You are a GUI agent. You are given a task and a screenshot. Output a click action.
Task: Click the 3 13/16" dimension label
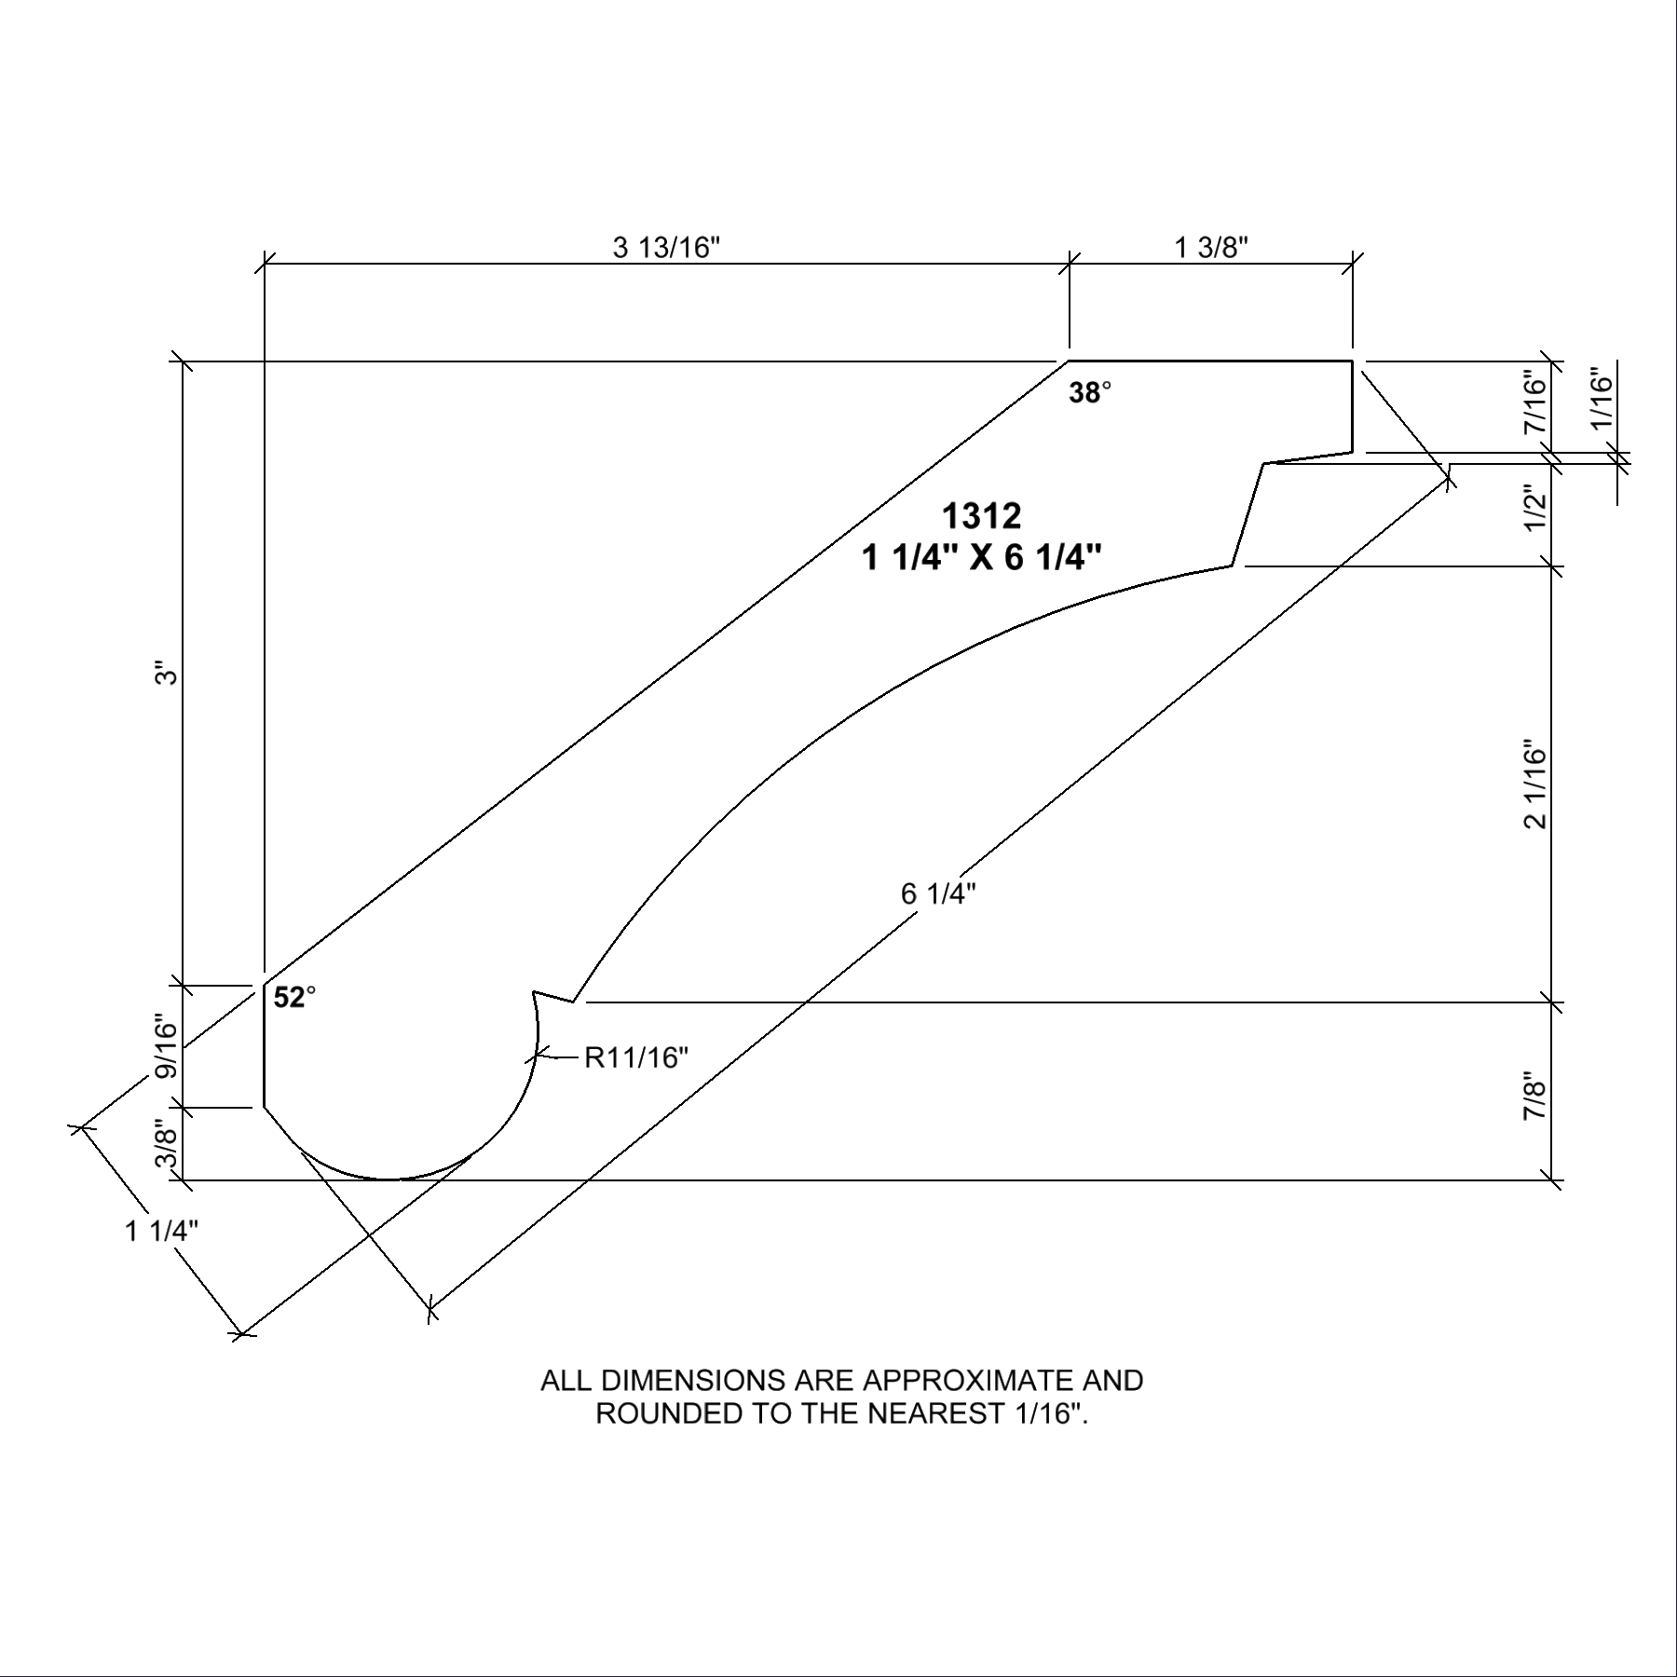click(x=667, y=248)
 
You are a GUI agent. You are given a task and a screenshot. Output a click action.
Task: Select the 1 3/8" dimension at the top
click(x=1211, y=248)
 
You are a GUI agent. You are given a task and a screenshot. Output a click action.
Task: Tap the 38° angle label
click(x=1090, y=393)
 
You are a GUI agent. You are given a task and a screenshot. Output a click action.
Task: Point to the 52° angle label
click(x=294, y=998)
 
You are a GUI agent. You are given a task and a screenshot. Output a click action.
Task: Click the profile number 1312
click(x=981, y=515)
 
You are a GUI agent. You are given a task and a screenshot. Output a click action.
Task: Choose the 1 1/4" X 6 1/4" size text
click(x=982, y=558)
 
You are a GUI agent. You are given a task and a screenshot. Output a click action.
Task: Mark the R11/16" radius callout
click(x=636, y=1057)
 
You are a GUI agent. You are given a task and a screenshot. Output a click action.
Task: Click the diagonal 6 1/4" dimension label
click(x=938, y=893)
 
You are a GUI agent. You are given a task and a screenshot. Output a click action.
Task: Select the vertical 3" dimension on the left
click(x=166, y=673)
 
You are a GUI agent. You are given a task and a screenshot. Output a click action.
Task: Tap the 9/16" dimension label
click(x=166, y=1045)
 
